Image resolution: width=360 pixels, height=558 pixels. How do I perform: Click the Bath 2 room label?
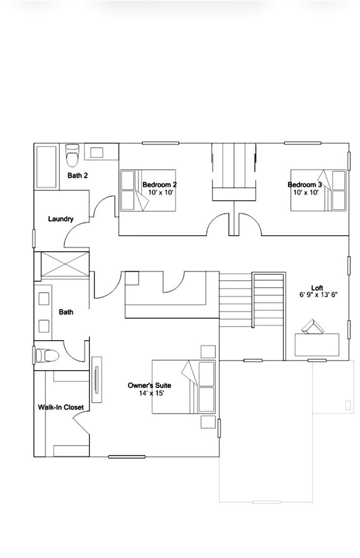78,175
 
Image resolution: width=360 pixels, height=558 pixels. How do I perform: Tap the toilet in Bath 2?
72,155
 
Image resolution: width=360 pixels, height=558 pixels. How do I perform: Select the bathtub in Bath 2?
47,167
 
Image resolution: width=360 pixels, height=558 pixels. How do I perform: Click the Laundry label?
61,219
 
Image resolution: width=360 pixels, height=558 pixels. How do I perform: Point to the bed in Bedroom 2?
148,190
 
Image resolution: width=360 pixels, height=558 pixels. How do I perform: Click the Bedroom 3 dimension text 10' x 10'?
306,193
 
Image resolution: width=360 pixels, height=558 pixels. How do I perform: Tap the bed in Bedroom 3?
319,190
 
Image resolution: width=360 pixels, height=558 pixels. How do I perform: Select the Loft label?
317,288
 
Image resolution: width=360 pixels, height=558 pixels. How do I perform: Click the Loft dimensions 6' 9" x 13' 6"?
319,295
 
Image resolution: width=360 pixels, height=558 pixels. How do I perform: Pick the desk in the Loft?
317,345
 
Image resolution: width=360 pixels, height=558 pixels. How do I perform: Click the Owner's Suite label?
149,386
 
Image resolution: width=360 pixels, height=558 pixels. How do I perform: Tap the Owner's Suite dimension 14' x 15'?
151,393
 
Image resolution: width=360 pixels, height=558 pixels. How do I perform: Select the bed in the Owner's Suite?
184,387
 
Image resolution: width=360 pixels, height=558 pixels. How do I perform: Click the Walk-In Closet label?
61,407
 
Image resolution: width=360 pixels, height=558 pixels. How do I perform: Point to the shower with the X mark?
65,264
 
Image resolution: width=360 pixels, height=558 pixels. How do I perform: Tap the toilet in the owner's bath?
47,355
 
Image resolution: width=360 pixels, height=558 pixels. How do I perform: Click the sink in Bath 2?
97,152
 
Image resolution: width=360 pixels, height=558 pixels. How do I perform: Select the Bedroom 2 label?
160,184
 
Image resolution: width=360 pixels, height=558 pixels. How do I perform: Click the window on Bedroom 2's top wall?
160,143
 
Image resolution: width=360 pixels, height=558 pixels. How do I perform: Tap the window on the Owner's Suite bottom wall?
127,456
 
